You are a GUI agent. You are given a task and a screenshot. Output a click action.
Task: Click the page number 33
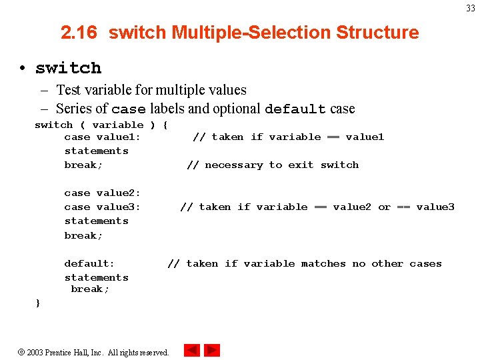point(471,8)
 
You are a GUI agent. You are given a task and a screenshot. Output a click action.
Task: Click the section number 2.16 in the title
point(79,33)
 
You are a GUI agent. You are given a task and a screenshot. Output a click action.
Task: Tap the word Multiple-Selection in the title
point(252,33)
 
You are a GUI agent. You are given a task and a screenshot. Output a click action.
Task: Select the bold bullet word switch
point(68,68)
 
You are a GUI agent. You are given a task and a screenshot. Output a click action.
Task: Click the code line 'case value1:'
point(103,137)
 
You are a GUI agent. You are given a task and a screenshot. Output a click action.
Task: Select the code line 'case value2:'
point(103,193)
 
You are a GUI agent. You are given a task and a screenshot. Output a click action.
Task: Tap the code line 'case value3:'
point(103,207)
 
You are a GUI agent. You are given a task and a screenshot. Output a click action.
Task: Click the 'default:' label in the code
point(89,263)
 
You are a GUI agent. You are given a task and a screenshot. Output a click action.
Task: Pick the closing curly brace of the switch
point(38,303)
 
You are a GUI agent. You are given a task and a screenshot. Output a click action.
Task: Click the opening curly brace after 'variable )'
point(165,125)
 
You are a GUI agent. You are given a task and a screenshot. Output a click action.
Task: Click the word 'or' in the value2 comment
point(384,207)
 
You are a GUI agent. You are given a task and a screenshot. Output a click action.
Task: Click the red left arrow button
point(192,350)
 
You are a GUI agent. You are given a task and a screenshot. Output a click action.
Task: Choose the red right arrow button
point(212,350)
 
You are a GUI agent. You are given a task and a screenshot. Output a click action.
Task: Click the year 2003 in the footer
point(35,352)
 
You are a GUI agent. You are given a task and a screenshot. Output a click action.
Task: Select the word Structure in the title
point(377,33)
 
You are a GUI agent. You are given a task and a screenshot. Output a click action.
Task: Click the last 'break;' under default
point(90,289)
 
